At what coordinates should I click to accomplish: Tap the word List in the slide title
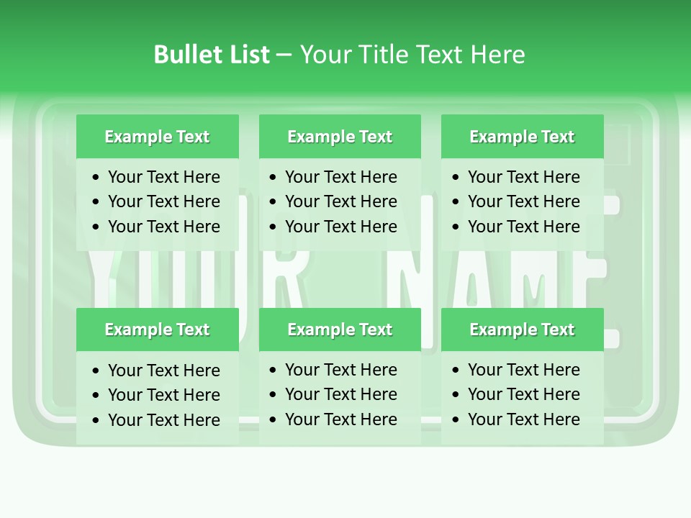[248, 55]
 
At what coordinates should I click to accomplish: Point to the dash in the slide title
[284, 55]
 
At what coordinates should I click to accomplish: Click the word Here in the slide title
[497, 55]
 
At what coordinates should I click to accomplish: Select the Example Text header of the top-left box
[157, 137]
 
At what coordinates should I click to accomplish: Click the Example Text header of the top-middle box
[340, 137]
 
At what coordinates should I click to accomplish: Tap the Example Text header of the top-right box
[522, 137]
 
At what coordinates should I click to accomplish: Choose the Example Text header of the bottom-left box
[157, 330]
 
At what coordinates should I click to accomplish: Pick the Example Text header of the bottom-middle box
[340, 330]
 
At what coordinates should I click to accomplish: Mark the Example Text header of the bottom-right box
[522, 330]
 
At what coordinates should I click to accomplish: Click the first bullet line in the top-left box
[163, 177]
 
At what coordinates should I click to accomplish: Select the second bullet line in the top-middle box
[340, 201]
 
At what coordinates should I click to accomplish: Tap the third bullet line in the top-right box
[523, 227]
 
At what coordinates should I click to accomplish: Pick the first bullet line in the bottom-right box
[523, 370]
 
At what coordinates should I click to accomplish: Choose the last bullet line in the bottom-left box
[163, 420]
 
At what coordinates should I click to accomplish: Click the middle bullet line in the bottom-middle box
[340, 394]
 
